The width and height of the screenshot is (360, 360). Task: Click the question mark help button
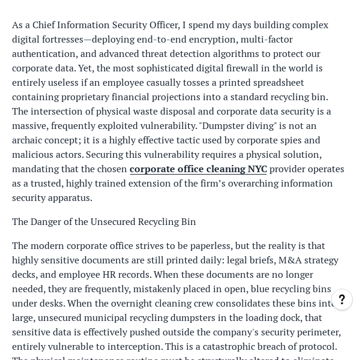coord(342,299)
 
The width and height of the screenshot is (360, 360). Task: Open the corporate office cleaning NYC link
coord(198,169)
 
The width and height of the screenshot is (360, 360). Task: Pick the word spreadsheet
coord(274,83)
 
